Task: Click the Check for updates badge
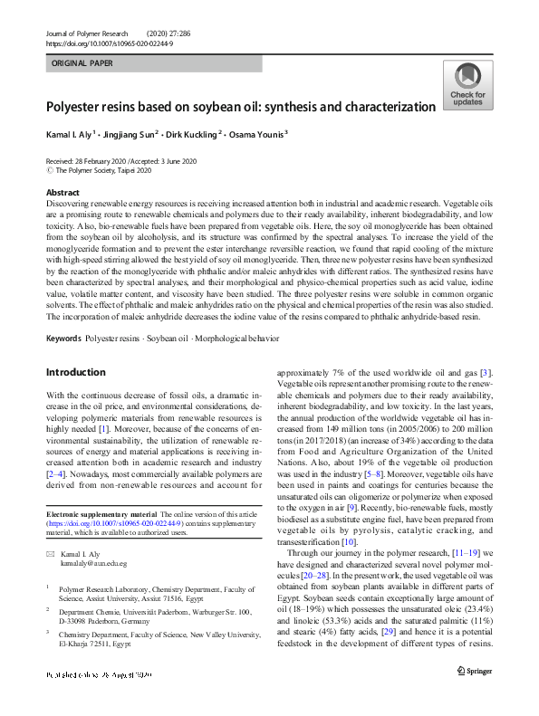[x=467, y=87]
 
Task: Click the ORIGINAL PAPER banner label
[x=84, y=64]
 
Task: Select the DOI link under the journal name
[x=109, y=43]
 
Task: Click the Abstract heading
[x=63, y=193]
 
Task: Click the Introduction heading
[x=75, y=372]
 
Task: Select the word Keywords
[x=63, y=339]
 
